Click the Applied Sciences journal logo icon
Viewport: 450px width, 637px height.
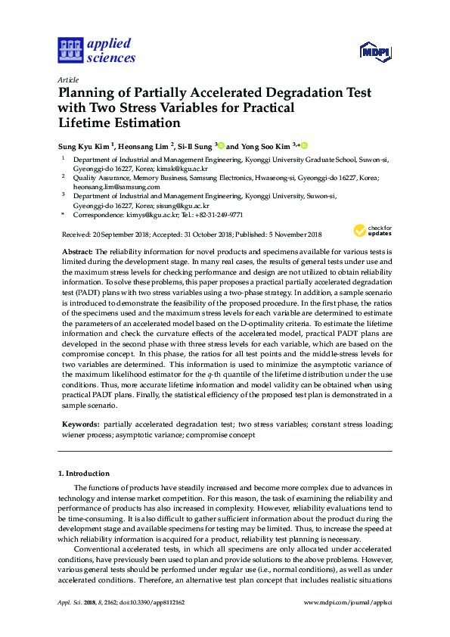click(70, 50)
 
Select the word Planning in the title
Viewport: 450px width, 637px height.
click(85, 93)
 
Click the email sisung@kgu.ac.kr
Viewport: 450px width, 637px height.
click(184, 204)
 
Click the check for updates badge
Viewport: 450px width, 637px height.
click(370, 230)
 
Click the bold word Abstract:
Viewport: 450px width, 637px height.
click(78, 250)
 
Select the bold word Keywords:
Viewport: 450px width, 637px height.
click(80, 425)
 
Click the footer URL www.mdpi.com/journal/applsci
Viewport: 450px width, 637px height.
click(347, 602)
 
